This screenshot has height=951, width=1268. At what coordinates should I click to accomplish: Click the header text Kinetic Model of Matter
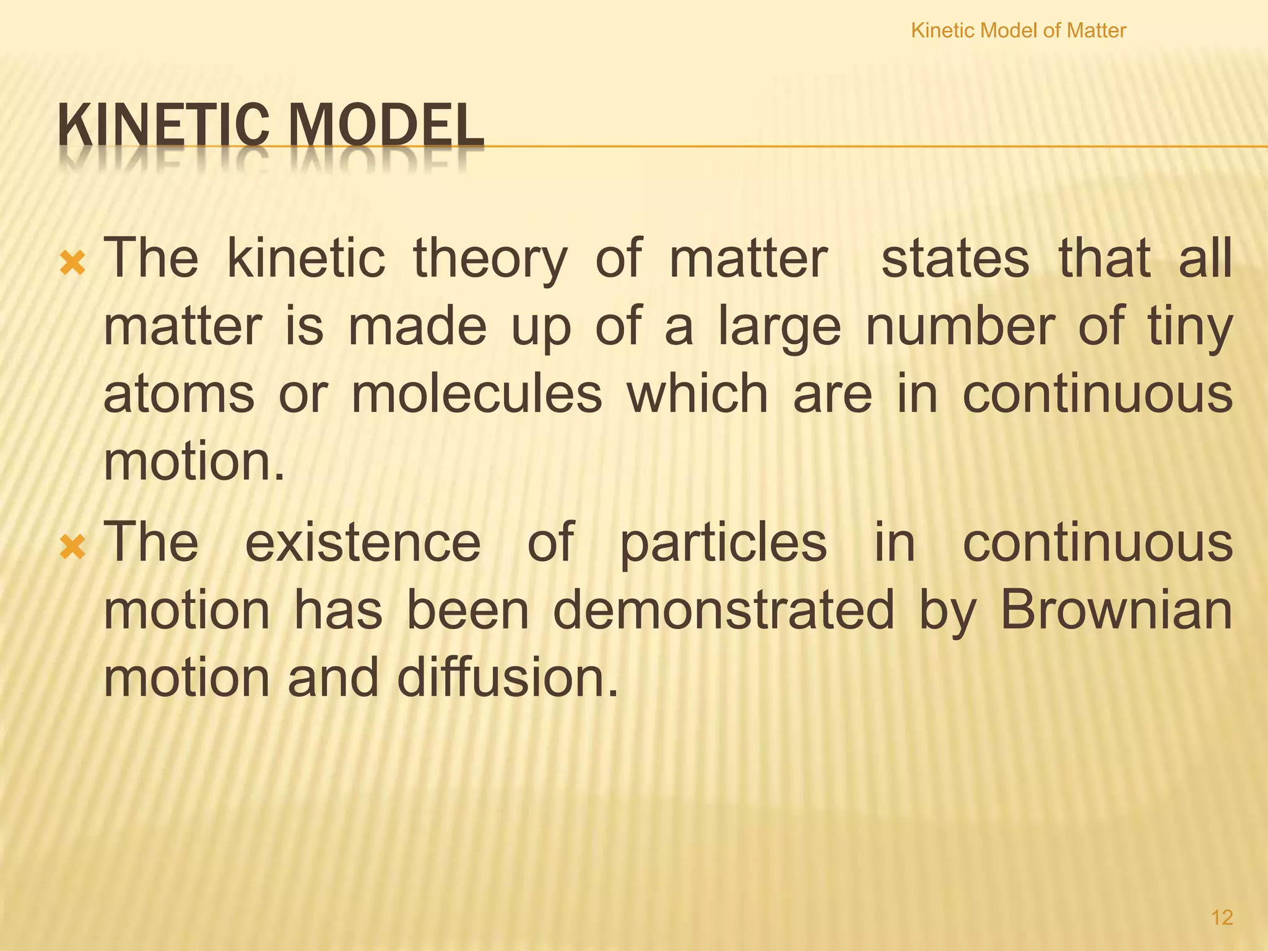point(1018,30)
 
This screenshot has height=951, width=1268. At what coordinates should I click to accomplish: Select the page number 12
point(1222,917)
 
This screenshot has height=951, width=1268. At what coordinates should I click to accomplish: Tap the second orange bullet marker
point(73,547)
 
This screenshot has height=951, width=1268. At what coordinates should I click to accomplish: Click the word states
point(955,259)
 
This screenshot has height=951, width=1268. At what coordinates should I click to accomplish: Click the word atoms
point(179,394)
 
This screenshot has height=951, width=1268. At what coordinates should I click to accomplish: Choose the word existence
point(363,542)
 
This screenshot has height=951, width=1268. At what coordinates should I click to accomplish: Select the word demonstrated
point(723,610)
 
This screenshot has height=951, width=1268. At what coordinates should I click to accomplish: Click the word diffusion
point(508,677)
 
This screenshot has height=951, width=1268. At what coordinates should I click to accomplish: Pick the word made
point(417,326)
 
